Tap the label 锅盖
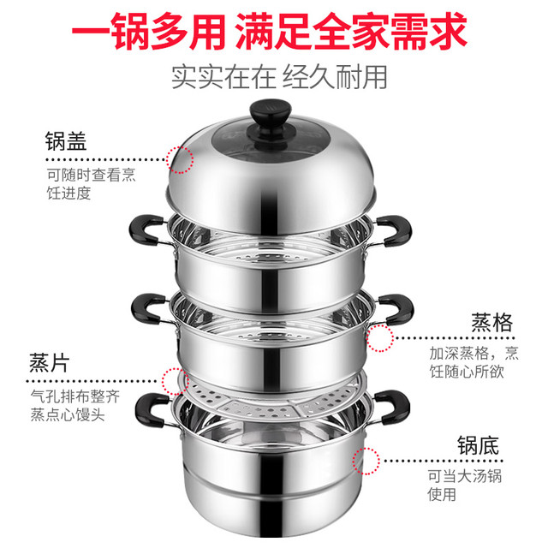point(66,141)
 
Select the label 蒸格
point(491,322)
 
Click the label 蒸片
point(49,363)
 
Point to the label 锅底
point(478,445)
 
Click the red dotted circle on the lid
point(180,160)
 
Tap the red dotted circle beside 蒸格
point(380,338)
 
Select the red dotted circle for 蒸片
point(176,381)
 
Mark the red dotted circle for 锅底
point(366,461)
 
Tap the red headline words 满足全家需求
point(351,31)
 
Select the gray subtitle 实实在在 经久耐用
point(279,77)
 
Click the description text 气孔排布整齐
point(75,396)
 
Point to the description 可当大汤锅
point(465,476)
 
